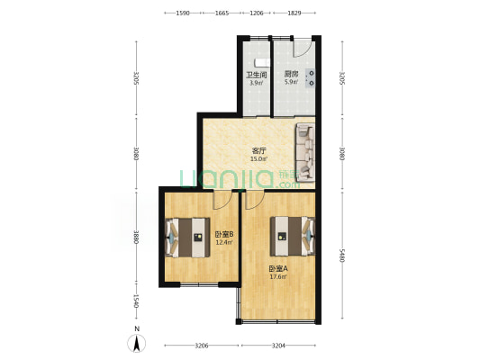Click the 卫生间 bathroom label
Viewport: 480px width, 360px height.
[257, 75]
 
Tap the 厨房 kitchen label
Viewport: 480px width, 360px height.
[291, 74]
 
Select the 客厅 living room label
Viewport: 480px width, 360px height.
[258, 151]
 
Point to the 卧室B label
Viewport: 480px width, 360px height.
[224, 235]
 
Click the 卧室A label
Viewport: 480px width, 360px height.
[278, 269]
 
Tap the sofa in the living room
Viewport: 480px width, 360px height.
[305, 152]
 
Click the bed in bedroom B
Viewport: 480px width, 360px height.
[187, 238]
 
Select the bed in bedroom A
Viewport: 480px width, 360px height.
[293, 236]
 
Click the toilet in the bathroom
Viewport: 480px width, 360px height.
[263, 62]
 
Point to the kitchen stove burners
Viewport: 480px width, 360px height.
[311, 78]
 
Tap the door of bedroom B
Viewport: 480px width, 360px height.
[222, 200]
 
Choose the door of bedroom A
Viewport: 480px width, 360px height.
[255, 200]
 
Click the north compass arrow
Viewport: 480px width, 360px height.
[137, 343]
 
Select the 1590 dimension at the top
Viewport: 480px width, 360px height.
[183, 13]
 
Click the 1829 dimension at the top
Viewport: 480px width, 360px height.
[294, 13]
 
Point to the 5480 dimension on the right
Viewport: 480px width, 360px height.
[342, 255]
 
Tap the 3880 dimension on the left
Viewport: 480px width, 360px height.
[137, 237]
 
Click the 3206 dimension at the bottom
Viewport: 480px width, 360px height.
[202, 346]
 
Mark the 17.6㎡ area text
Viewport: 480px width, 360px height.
[278, 277]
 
